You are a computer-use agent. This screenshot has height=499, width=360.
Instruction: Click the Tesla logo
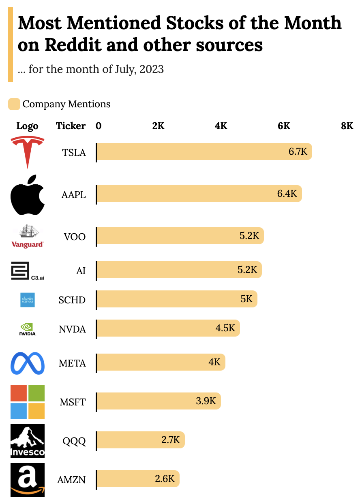pos(28,152)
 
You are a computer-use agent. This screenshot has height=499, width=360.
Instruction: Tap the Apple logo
pos(28,195)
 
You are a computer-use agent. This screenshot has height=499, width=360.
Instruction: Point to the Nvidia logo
pos(28,329)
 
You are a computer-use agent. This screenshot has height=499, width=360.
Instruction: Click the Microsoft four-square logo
pos(28,402)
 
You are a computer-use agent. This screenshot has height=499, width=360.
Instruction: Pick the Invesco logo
pos(28,441)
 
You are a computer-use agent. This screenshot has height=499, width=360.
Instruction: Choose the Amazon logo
pos(28,480)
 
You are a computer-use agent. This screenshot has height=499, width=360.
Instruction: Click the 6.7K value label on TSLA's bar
pos(298,152)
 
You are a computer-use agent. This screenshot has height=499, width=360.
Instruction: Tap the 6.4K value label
pos(287,194)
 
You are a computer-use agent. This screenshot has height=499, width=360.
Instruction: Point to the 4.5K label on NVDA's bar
pos(225,328)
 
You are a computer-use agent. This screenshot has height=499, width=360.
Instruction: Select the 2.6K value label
pos(165,479)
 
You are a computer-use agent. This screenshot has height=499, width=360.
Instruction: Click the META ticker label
pos(72,363)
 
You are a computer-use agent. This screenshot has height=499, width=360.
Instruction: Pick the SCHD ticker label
pos(72,300)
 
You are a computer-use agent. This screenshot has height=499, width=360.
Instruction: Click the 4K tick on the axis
pos(221,126)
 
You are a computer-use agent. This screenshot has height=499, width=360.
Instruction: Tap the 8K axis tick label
pos(347,126)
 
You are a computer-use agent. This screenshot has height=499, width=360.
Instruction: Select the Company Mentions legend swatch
pos(14,104)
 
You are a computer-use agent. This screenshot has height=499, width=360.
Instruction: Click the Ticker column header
pos(71,126)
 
